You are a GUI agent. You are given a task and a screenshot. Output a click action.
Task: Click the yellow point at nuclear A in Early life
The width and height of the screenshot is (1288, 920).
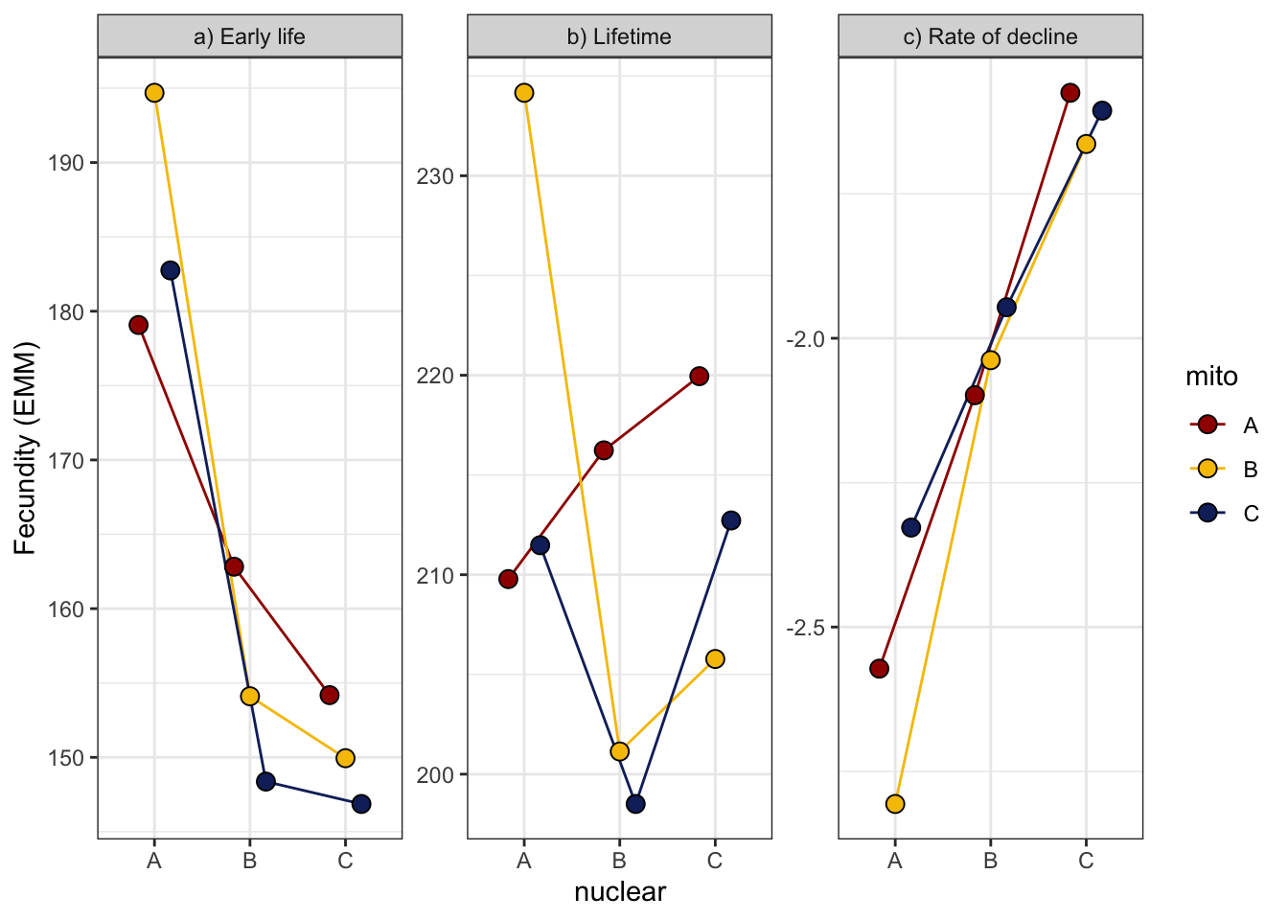(x=154, y=93)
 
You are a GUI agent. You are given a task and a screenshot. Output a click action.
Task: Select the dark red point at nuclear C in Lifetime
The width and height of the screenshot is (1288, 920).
(x=700, y=376)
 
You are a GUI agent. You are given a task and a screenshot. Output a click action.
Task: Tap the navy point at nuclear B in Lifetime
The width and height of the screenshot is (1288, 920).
(x=635, y=804)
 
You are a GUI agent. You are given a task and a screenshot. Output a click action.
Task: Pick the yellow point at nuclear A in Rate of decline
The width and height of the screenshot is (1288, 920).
(x=895, y=804)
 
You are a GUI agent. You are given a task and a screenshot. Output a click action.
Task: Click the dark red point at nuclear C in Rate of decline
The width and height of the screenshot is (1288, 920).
(x=1070, y=93)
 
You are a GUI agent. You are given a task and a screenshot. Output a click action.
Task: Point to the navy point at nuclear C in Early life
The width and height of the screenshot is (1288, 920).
(x=361, y=804)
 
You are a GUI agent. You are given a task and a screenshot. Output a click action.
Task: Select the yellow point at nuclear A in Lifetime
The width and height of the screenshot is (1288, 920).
(x=524, y=93)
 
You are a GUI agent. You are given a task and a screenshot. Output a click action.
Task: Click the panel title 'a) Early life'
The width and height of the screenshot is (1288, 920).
(x=249, y=37)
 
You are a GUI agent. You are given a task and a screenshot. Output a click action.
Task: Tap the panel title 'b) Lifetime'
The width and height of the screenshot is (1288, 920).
(x=619, y=37)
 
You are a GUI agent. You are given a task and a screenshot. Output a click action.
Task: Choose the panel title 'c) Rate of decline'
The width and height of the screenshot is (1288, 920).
(x=990, y=37)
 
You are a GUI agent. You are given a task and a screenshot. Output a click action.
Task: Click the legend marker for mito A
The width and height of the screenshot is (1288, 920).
(x=1207, y=425)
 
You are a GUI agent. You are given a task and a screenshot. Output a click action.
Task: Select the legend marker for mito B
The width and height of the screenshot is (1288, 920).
(x=1207, y=469)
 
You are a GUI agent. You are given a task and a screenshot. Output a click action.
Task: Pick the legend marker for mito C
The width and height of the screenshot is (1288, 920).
(x=1207, y=513)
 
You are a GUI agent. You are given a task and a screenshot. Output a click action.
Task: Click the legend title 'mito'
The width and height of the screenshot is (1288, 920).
(x=1211, y=377)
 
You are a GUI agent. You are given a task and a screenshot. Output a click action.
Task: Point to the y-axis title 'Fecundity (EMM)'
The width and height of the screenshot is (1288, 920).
(x=25, y=448)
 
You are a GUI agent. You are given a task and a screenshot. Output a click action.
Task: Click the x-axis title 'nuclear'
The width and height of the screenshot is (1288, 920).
(x=619, y=892)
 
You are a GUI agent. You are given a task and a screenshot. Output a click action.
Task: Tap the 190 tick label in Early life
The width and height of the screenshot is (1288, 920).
(x=66, y=163)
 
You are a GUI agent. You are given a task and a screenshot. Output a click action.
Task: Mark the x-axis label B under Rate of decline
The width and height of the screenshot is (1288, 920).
(x=990, y=861)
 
